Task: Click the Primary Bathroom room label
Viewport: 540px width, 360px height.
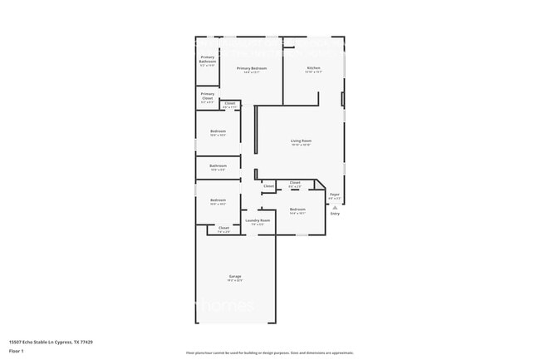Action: tap(208, 58)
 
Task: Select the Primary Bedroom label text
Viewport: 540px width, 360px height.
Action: tap(251, 68)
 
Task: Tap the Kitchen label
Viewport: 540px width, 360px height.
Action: tap(313, 67)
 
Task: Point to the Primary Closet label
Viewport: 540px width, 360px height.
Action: tap(208, 96)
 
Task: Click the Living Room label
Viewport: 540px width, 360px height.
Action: tap(301, 141)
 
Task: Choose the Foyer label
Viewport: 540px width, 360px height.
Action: tap(335, 195)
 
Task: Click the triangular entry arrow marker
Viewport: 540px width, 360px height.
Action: tap(335, 207)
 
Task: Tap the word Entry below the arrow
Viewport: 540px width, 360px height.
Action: tap(335, 214)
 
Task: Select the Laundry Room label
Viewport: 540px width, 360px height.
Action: tap(258, 220)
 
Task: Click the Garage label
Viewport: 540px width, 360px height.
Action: tap(235, 277)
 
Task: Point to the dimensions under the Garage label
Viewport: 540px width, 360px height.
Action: tap(235, 281)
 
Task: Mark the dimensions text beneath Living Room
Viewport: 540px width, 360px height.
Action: tap(301, 145)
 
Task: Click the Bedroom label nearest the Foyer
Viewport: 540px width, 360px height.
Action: tap(297, 209)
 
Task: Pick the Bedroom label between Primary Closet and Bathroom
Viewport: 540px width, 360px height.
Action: tap(218, 131)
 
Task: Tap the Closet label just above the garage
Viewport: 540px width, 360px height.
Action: tap(223, 227)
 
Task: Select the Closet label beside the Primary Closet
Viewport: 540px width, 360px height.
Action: tap(230, 103)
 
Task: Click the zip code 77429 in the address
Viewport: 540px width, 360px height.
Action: tap(86, 342)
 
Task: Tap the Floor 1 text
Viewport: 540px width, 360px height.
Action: tap(17, 352)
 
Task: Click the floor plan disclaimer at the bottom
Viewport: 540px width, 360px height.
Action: tap(270, 353)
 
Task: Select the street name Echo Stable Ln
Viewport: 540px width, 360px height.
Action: tap(37, 342)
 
